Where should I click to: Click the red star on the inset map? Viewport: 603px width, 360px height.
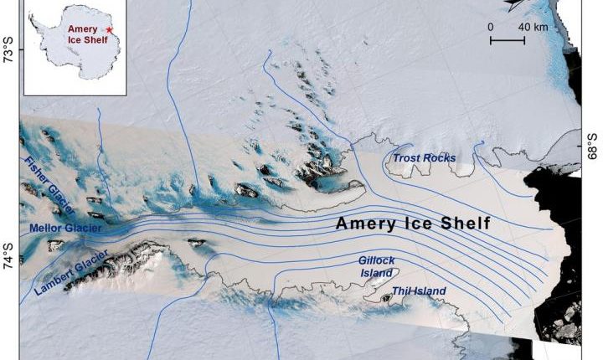(110, 30)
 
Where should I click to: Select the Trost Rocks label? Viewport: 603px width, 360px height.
(425, 157)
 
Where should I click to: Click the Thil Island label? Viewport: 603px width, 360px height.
(419, 291)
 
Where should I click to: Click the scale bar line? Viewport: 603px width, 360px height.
(508, 39)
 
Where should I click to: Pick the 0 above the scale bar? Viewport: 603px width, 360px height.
(492, 27)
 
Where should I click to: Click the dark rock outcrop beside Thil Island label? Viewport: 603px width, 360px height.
(386, 296)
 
